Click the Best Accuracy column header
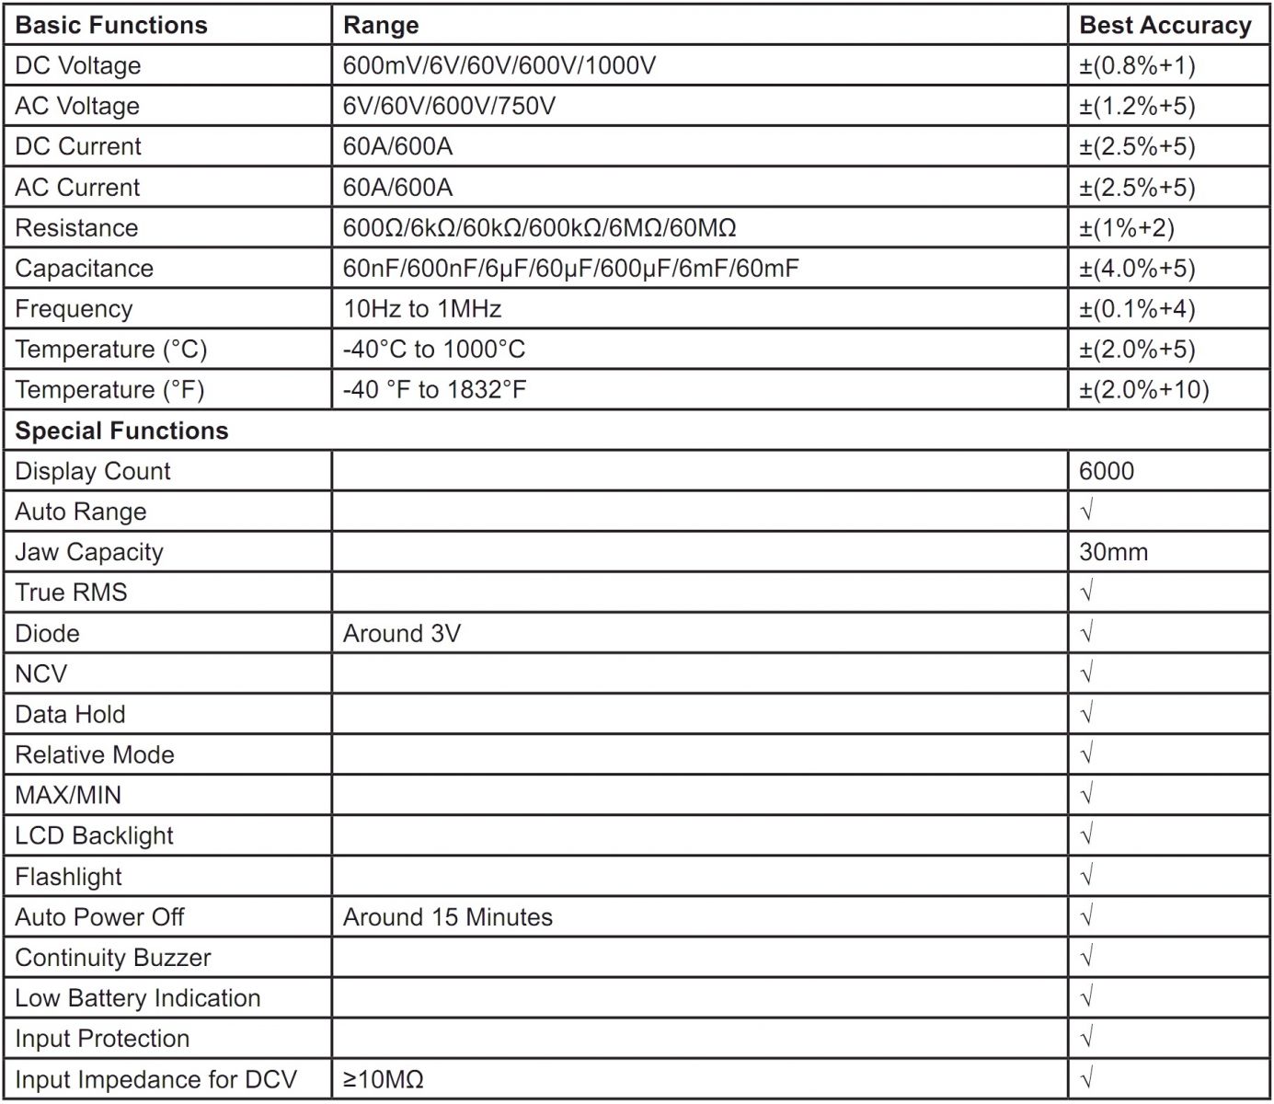[x=1165, y=25]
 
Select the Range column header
[x=381, y=25]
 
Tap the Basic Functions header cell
[x=111, y=25]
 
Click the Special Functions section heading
[x=121, y=431]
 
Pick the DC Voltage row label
[x=78, y=65]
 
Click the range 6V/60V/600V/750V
[x=449, y=106]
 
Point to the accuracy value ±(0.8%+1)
[x=1137, y=65]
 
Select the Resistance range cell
[x=539, y=227]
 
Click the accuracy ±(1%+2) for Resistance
[x=1126, y=227]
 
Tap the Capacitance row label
[x=84, y=269]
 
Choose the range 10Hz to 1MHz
[x=422, y=309]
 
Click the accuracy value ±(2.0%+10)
[x=1143, y=390]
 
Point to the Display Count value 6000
[x=1107, y=471]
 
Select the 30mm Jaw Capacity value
[x=1113, y=552]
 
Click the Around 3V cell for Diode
[x=401, y=633]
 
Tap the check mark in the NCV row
[x=1086, y=673]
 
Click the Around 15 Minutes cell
[x=447, y=917]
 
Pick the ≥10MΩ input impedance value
[x=383, y=1079]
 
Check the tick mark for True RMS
[x=1086, y=592]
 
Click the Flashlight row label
[x=68, y=877]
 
